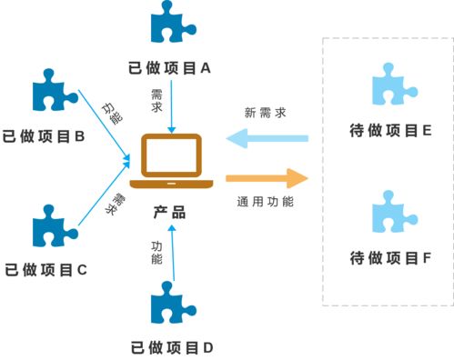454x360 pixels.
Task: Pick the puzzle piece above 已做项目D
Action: click(171, 304)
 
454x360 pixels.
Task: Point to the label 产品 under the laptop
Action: click(169, 214)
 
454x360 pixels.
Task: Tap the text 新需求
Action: click(266, 113)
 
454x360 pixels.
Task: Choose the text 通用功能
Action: click(266, 202)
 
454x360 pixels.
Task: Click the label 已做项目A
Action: click(171, 67)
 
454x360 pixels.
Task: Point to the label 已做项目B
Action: click(44, 137)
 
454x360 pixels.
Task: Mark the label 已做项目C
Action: click(45, 270)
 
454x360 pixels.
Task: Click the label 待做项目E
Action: click(390, 131)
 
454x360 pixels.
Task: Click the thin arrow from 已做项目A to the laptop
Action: click(170, 105)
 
